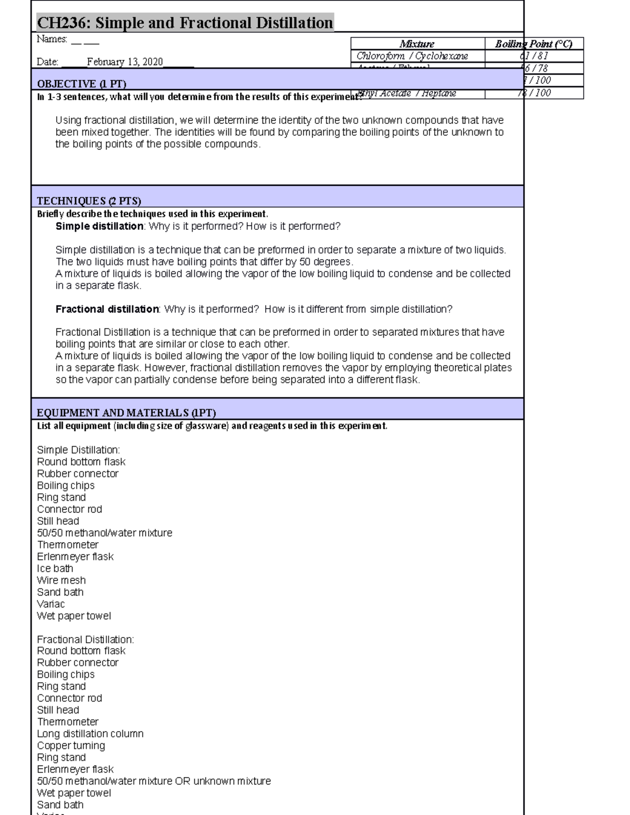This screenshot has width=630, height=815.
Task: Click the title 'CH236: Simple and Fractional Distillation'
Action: [x=185, y=23]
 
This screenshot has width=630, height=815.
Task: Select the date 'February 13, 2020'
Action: [x=125, y=62]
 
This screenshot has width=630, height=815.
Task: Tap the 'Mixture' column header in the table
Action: [x=417, y=44]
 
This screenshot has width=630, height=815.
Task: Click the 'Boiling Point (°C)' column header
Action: [x=533, y=44]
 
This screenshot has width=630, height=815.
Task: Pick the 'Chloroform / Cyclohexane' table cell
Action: [x=412, y=56]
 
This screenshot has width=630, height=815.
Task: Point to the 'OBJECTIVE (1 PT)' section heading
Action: [x=81, y=84]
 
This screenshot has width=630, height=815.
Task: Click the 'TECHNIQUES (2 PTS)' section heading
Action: [x=89, y=201]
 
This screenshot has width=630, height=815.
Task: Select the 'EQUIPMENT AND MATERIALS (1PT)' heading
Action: [x=126, y=413]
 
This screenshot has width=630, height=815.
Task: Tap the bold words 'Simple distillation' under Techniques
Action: [x=99, y=227]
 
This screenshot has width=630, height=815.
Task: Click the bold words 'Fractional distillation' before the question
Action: [x=107, y=310]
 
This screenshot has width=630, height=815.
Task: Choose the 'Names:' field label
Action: [x=52, y=39]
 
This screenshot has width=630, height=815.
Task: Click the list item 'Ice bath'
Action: [x=55, y=569]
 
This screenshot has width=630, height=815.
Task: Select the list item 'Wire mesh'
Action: [x=61, y=580]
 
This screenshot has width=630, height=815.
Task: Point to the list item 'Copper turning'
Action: [x=71, y=746]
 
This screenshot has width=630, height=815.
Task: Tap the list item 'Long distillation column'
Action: [x=90, y=734]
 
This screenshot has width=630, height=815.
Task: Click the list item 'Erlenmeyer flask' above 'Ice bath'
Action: [x=75, y=557]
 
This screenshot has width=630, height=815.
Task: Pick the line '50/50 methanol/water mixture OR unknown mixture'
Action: [x=154, y=781]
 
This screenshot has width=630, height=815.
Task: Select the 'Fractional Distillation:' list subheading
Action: [x=85, y=640]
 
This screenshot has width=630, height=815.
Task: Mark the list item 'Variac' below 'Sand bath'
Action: [x=51, y=605]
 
